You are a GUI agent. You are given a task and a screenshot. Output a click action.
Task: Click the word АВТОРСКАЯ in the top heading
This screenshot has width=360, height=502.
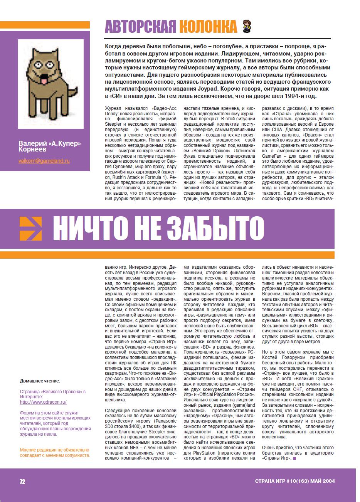(x=140, y=26)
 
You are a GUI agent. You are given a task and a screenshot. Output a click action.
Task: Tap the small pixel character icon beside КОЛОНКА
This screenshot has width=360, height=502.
(x=245, y=26)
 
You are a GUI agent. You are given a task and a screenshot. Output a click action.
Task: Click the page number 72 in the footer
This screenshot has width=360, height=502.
(x=22, y=481)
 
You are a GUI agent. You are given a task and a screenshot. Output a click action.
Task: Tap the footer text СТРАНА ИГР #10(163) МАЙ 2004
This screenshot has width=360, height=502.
(x=295, y=481)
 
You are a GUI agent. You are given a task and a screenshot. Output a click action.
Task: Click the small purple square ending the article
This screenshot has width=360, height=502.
(x=294, y=458)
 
